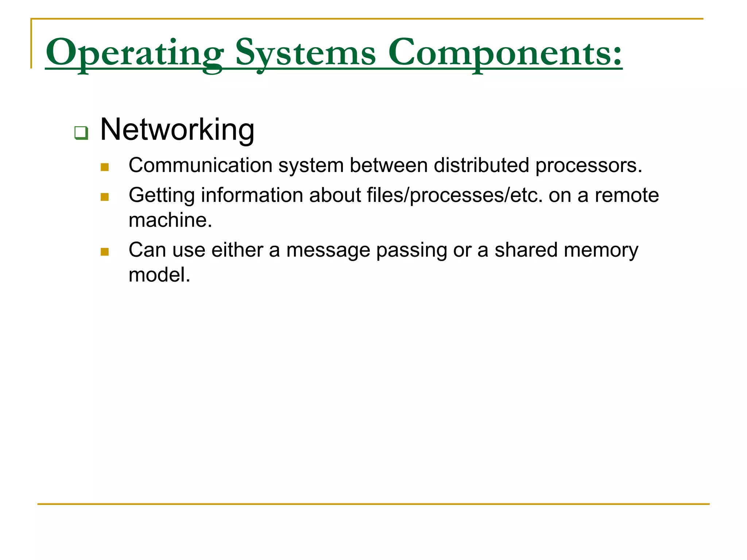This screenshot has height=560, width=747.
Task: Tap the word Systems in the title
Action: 305,53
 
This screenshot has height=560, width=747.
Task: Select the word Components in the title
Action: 498,53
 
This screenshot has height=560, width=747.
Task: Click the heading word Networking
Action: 177,130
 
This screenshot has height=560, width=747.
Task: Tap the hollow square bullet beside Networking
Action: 81,133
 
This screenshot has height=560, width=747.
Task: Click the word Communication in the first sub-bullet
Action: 200,166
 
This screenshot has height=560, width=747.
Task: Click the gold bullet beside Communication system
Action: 105,167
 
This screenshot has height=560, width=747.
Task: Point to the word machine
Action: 170,221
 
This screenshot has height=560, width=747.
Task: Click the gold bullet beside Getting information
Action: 105,197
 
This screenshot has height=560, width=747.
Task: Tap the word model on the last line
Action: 159,275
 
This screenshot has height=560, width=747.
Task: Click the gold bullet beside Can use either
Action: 105,252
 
